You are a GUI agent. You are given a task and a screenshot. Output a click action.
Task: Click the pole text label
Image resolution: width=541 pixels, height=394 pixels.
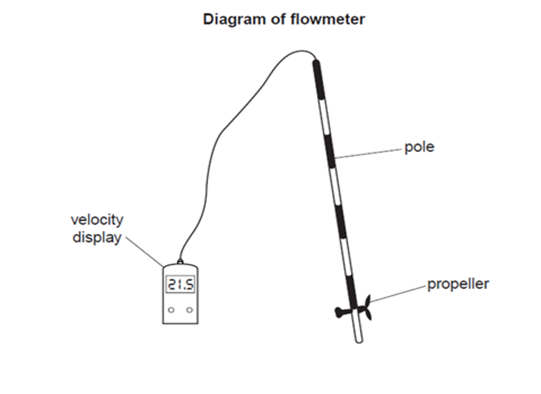(x=419, y=147)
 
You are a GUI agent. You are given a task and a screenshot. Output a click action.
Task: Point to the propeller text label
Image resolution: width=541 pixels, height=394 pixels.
(x=458, y=284)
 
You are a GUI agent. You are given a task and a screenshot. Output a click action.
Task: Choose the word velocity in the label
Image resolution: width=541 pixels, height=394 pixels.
(x=97, y=220)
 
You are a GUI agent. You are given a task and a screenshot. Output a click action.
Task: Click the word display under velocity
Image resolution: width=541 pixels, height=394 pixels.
(x=97, y=238)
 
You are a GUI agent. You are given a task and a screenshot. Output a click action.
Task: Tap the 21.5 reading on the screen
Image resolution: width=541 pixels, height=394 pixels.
(x=180, y=284)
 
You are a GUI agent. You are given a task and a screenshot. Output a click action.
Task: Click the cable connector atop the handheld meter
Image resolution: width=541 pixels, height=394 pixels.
(x=180, y=263)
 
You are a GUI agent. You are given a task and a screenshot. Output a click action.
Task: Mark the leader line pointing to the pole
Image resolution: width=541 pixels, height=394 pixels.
(x=369, y=153)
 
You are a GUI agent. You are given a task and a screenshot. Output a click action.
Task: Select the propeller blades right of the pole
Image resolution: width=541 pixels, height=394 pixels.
(x=366, y=310)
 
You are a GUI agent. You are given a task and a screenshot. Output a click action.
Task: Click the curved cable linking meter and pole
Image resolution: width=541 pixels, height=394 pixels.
(x=221, y=133)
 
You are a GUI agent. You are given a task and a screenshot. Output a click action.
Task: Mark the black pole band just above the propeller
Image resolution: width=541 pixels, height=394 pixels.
(x=351, y=290)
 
